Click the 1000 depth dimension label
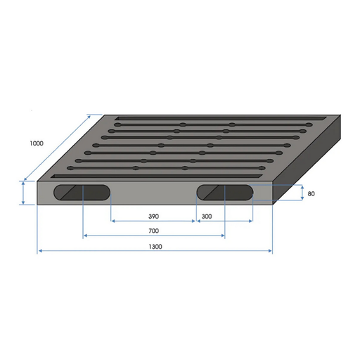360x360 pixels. coord(37,143)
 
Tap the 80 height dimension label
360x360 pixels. coord(310,193)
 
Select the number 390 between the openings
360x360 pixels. coord(153,215)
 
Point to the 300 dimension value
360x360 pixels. coord(207,215)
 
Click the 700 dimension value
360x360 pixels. coord(153,231)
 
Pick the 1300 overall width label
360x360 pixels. coord(155,246)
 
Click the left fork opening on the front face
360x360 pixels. coord(84,193)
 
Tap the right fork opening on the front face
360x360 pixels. coord(224,191)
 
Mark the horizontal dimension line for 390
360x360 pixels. coord(153,221)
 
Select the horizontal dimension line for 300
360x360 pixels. coord(224,221)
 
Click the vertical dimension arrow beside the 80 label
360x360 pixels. coord(301,193)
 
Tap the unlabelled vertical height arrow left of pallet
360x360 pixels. coord(23,193)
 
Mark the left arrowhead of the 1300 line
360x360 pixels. coord(40,250)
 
